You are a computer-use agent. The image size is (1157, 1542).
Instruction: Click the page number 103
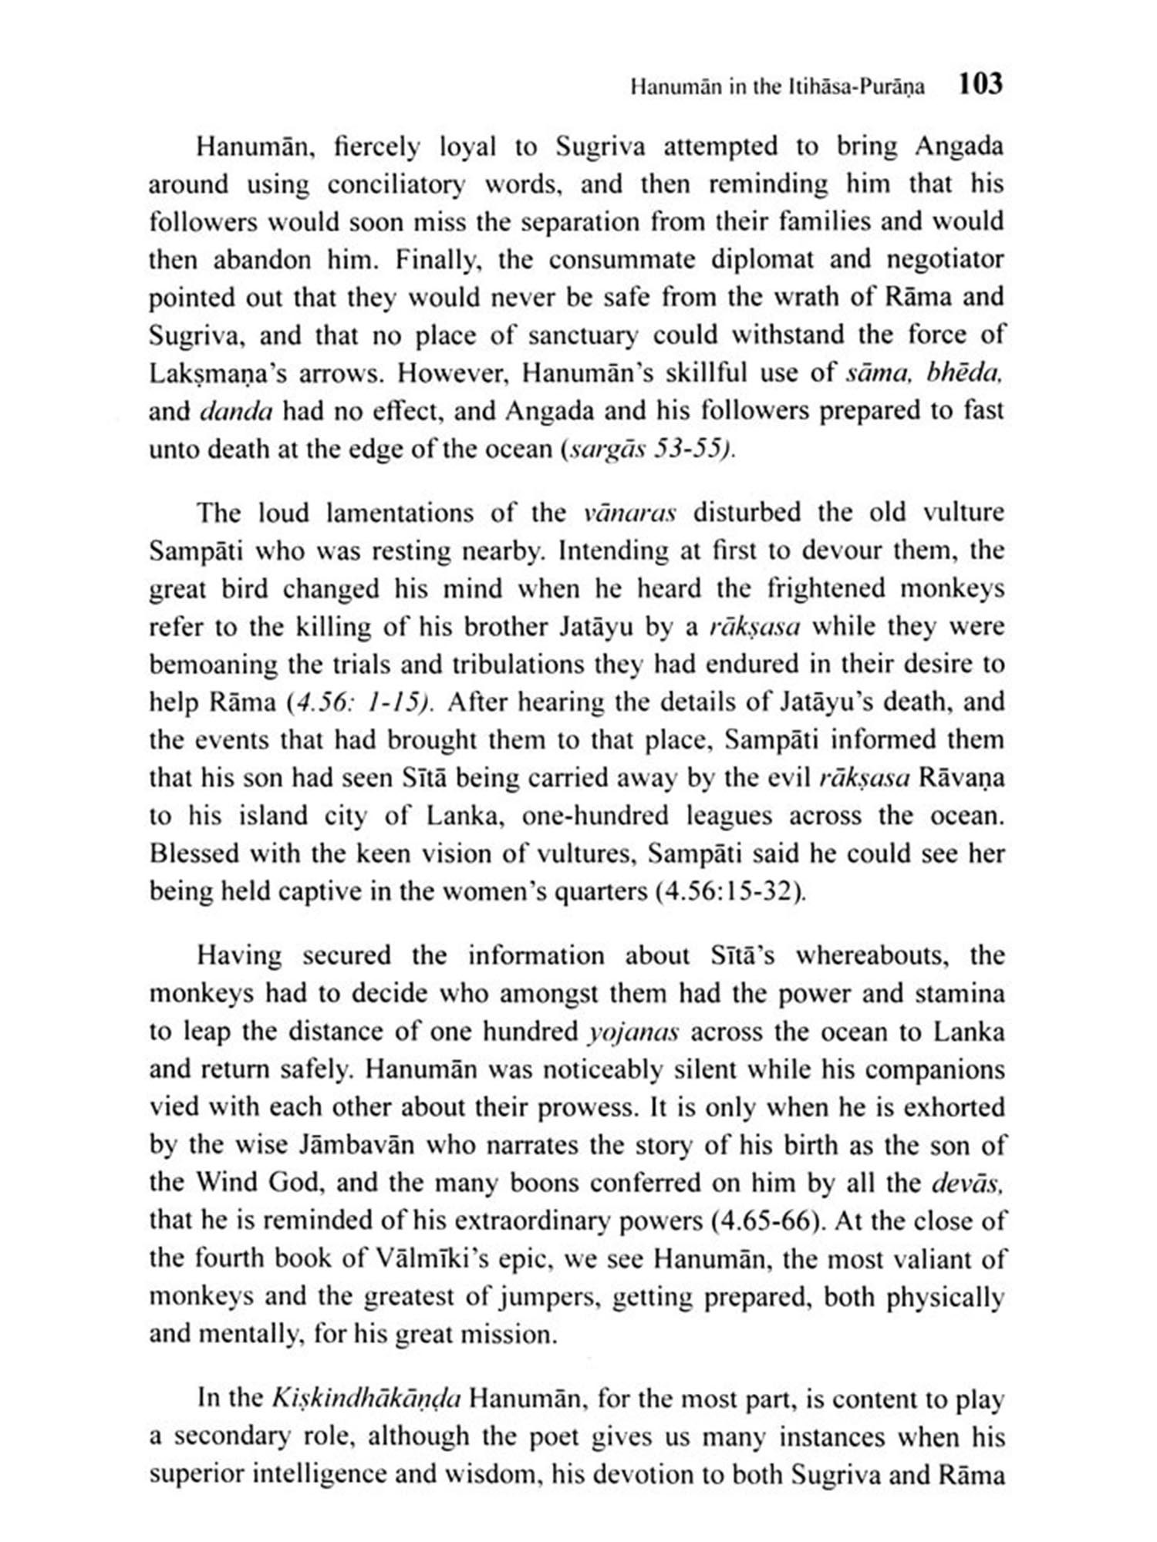pos(980,83)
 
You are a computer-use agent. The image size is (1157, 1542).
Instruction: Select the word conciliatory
pos(396,185)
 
